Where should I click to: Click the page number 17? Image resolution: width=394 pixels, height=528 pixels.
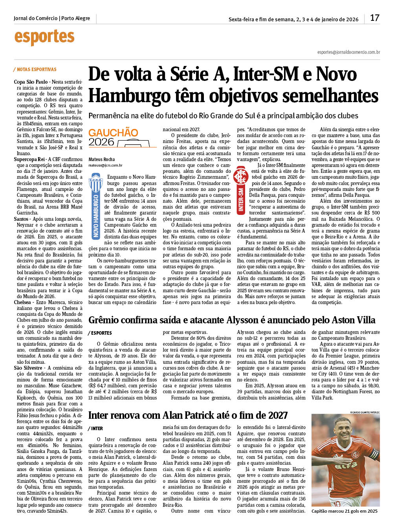click(374, 18)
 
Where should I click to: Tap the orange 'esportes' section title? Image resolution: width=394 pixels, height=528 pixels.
click(44, 37)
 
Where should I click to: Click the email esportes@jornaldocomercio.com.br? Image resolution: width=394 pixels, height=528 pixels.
click(348, 52)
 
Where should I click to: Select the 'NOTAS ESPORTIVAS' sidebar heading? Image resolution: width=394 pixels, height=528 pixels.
click(37, 70)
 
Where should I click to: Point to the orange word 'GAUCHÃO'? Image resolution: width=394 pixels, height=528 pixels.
click(113, 133)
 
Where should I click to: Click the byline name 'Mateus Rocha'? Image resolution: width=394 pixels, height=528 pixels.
click(102, 159)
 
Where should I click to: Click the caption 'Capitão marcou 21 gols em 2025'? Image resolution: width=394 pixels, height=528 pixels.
click(345, 511)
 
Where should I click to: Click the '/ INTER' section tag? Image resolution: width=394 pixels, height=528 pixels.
click(95, 429)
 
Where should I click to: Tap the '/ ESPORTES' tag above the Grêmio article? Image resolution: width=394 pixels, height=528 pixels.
click(100, 333)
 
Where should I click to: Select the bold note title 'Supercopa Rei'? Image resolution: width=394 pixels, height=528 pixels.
click(29, 159)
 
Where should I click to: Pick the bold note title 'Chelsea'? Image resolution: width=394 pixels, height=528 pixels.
click(22, 302)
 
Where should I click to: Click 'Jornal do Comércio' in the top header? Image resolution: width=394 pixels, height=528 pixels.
click(36, 18)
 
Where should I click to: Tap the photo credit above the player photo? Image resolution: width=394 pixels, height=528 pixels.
click(365, 412)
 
